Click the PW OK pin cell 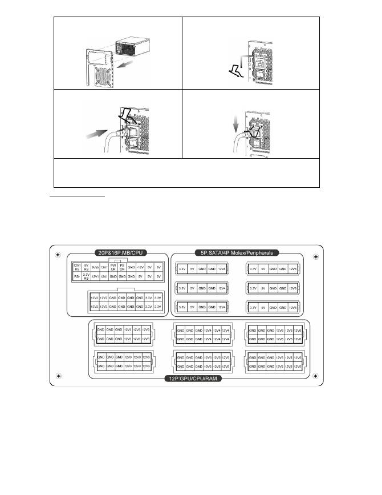(x=113, y=267)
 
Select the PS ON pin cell (x=122, y=267)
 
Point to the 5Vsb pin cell (x=95, y=267)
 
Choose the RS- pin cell (x=76, y=276)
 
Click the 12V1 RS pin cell (x=76, y=267)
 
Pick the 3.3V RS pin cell (x=86, y=276)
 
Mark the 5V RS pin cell (x=86, y=267)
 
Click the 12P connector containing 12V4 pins (x=204, y=335)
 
